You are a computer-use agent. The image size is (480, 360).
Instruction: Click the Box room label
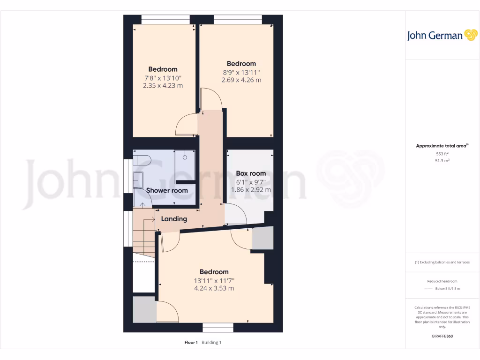251,173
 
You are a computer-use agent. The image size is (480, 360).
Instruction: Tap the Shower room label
167,190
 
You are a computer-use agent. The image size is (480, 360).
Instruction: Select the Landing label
174,219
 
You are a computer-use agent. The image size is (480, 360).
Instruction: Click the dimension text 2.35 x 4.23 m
163,86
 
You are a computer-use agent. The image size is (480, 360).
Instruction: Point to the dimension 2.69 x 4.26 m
241,80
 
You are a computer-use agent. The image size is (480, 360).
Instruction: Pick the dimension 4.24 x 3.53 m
214,288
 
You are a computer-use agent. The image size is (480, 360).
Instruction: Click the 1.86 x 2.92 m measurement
251,190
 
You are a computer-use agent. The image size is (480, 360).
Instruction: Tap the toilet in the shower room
141,160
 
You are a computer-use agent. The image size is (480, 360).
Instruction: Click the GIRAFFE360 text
442,336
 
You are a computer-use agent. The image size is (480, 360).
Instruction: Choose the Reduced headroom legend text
442,281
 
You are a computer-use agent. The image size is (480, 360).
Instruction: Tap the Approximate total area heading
441,146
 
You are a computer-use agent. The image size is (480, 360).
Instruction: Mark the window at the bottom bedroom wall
218,327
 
